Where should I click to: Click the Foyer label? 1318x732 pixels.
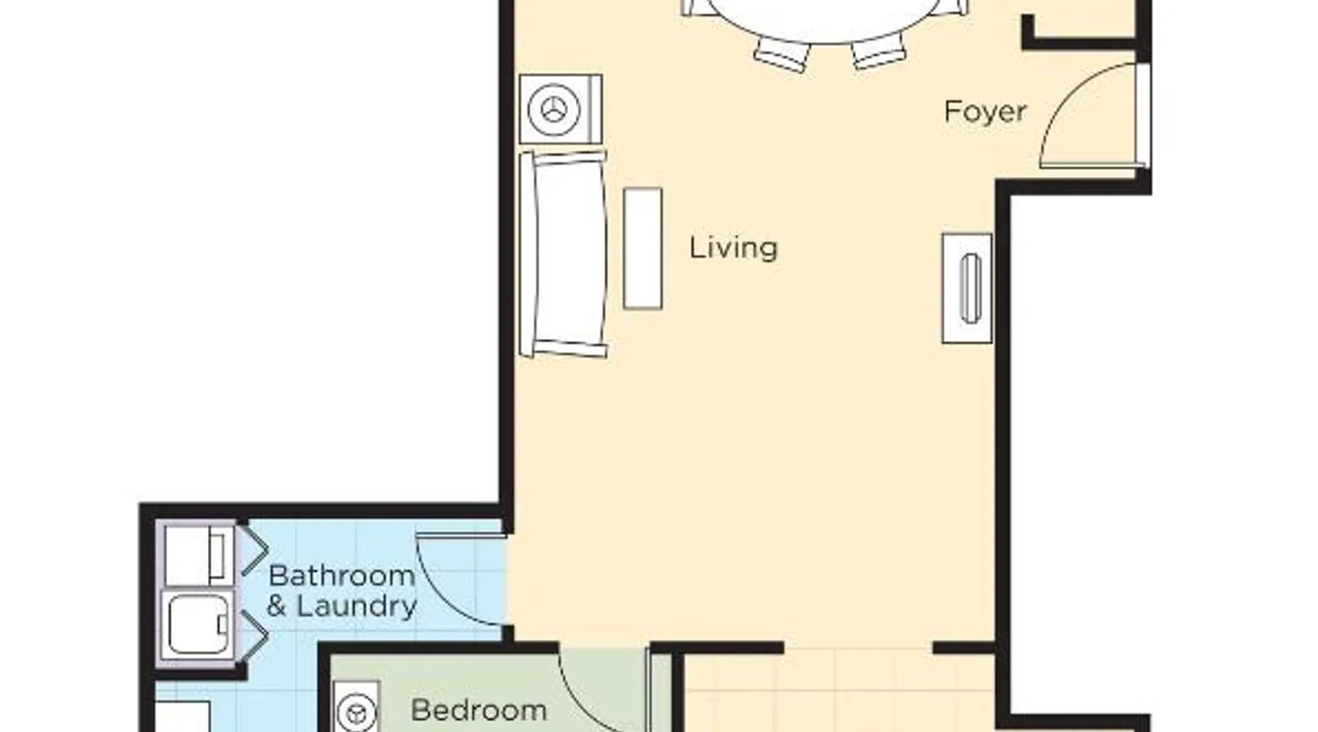985,112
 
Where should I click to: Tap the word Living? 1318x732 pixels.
734,247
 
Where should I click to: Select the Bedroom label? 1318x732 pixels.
479,710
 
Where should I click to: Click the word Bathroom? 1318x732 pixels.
342,575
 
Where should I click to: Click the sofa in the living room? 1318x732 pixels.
563,254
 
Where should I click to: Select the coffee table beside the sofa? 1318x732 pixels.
643,248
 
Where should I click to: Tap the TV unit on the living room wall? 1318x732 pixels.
967,288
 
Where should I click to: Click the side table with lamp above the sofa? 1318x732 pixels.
561,109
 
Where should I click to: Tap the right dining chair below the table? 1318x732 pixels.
879,53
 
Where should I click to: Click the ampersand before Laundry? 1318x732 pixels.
277,607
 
